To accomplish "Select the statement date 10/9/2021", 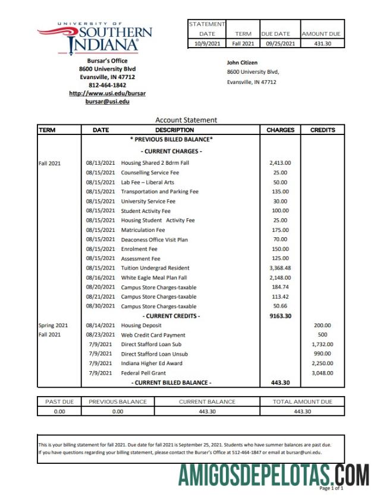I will [x=206, y=43].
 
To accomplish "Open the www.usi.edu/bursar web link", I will [x=107, y=93].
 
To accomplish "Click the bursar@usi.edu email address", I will [x=107, y=102].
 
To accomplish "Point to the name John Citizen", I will [x=242, y=62].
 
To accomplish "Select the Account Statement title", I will [x=186, y=120].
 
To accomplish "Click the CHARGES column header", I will [x=280, y=130].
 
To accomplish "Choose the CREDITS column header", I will [x=322, y=130].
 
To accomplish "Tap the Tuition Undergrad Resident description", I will [x=155, y=268].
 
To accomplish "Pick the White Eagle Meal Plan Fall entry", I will [x=154, y=278].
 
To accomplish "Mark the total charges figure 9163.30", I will [x=280, y=316].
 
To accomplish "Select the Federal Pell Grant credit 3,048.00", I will [x=322, y=373].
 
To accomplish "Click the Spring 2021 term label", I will [x=54, y=325].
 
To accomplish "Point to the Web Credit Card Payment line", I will [x=153, y=335].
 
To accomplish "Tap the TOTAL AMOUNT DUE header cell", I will [x=302, y=401].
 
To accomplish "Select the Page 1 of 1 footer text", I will [x=331, y=488].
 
